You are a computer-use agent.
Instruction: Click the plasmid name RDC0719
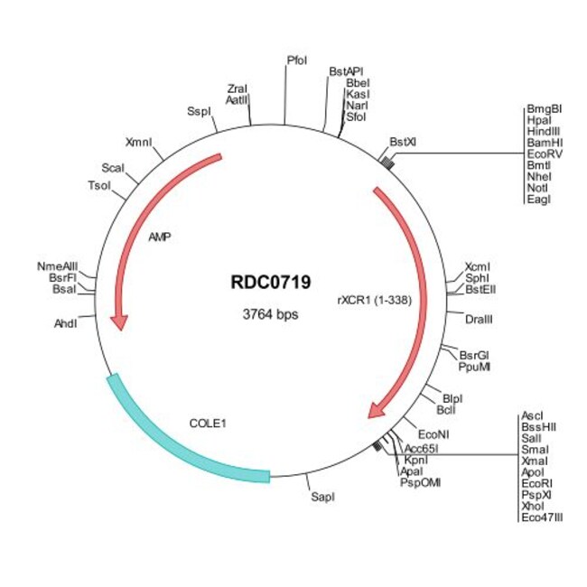pyautogui.click(x=271, y=283)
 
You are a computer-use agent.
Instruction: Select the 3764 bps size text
pyautogui.click(x=270, y=314)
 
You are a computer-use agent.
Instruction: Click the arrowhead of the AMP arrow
pyautogui.click(x=120, y=323)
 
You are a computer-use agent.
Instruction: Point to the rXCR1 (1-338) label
pyautogui.click(x=375, y=300)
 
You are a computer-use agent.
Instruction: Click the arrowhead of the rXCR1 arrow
pyautogui.click(x=377, y=410)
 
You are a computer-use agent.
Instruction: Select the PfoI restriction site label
pyautogui.click(x=297, y=61)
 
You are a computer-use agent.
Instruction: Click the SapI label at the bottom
pyautogui.click(x=322, y=498)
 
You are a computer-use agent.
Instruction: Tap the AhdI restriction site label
pyautogui.click(x=66, y=323)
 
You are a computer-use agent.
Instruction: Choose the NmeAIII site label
pyautogui.click(x=57, y=266)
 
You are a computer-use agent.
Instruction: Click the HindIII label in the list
pyautogui.click(x=544, y=132)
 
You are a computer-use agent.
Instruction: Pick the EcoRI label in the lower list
pyautogui.click(x=536, y=483)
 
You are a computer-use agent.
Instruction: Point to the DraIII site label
pyautogui.click(x=479, y=320)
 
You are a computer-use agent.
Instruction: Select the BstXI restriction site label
pyautogui.click(x=403, y=142)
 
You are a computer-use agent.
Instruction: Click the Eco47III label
pyautogui.click(x=542, y=517)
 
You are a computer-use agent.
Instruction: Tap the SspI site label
pyautogui.click(x=199, y=111)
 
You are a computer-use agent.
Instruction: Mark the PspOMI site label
pyautogui.click(x=420, y=482)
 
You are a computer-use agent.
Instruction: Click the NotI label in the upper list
pyautogui.click(x=537, y=188)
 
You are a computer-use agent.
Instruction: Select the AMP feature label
pyautogui.click(x=160, y=237)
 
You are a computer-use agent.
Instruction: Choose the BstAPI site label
pyautogui.click(x=346, y=71)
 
